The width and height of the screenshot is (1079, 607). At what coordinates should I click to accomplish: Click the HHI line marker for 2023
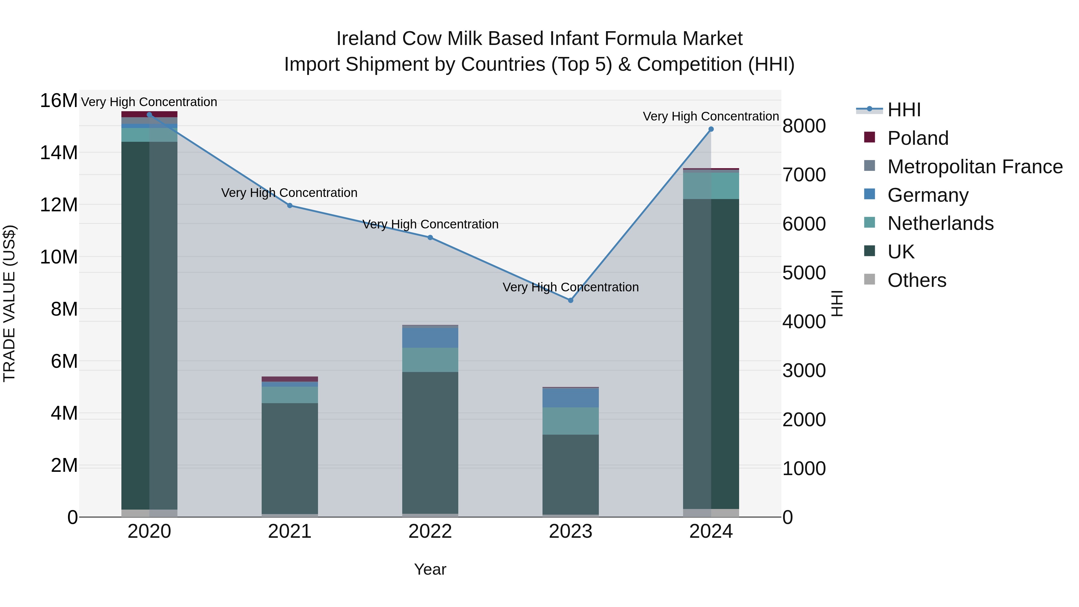pos(570,300)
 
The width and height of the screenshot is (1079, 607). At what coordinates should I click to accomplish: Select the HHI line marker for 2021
pos(290,206)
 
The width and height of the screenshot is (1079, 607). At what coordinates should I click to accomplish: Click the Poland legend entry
pos(917,138)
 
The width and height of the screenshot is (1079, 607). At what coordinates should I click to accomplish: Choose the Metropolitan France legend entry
pos(975,167)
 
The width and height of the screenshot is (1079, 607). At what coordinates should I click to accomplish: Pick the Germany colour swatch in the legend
pos(869,194)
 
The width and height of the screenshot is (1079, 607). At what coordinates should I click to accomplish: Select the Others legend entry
pos(917,280)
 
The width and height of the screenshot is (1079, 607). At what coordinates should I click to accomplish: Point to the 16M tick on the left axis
pos(59,101)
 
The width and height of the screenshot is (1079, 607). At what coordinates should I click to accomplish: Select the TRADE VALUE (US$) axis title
pos(9,303)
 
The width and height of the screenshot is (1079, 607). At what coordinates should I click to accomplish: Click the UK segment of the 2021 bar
pos(290,459)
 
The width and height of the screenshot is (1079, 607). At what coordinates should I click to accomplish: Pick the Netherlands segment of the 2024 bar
pos(711,186)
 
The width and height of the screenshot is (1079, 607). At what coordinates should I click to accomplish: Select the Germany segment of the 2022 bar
pos(430,337)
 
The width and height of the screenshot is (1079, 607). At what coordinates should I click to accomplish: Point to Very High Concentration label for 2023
pos(570,287)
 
